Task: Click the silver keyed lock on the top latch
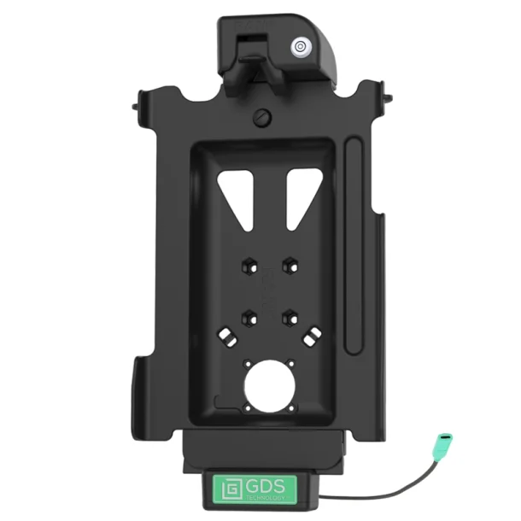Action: coord(301,46)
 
